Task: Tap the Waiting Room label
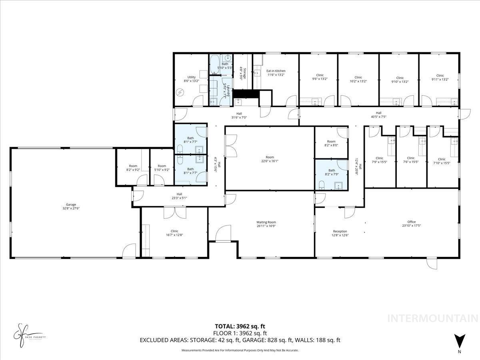click(x=266, y=224)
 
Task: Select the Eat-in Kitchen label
click(x=276, y=73)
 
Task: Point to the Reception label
click(x=340, y=233)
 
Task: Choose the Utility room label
click(x=191, y=79)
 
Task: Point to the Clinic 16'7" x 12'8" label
click(x=174, y=233)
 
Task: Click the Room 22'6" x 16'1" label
click(x=269, y=159)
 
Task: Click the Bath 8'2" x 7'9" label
click(x=332, y=172)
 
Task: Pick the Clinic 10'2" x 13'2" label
click(x=358, y=79)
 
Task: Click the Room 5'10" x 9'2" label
click(x=162, y=168)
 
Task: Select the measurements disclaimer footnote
click(x=240, y=350)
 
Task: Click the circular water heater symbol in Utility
click(x=180, y=92)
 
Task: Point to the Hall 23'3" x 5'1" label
click(x=179, y=196)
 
